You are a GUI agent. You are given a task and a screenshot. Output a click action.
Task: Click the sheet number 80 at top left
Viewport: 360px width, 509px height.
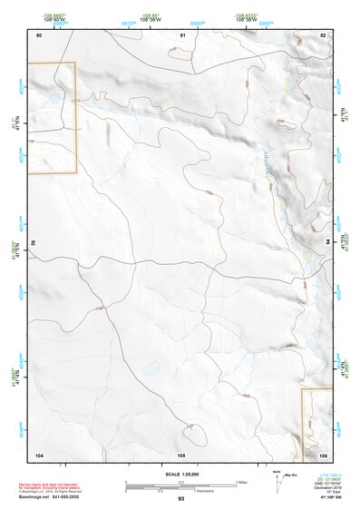(39, 34)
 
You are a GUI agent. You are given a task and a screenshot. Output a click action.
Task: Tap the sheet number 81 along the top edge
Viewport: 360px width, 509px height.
(182, 34)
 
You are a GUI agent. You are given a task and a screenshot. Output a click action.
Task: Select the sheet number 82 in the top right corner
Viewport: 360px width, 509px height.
(322, 34)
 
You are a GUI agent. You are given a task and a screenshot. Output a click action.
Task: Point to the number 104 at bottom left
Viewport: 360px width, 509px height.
(39, 453)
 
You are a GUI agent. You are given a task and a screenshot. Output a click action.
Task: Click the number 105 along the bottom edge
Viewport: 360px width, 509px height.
(181, 453)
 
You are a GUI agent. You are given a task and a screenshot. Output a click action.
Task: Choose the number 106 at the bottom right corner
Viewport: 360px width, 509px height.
(322, 453)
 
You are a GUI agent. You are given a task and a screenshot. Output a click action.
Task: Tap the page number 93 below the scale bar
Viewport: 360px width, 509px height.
(180, 499)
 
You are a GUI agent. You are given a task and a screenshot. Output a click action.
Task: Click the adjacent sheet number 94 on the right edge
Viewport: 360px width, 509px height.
(326, 242)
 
